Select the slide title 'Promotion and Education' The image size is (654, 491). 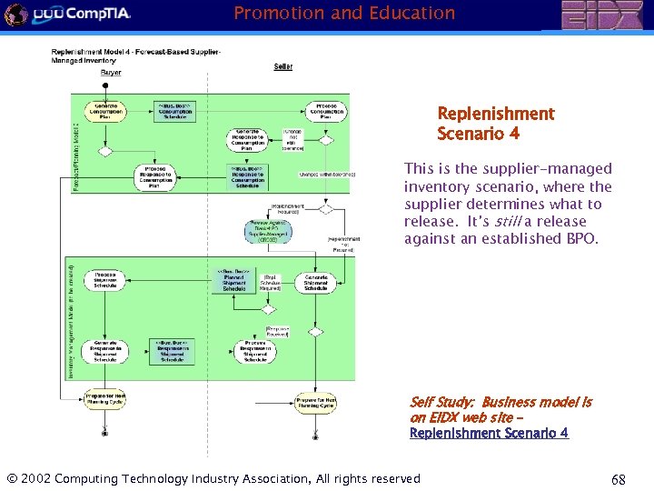[344, 14]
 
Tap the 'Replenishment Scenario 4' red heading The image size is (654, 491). [495, 124]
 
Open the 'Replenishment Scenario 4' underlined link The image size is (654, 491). [489, 433]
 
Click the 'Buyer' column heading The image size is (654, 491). [111, 73]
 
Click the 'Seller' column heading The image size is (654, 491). [283, 66]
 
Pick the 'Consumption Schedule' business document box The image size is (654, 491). [172, 110]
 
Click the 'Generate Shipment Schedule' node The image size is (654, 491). [316, 282]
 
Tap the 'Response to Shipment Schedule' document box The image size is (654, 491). [172, 351]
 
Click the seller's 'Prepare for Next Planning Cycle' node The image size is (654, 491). [316, 401]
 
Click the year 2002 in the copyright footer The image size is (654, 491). [36, 478]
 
